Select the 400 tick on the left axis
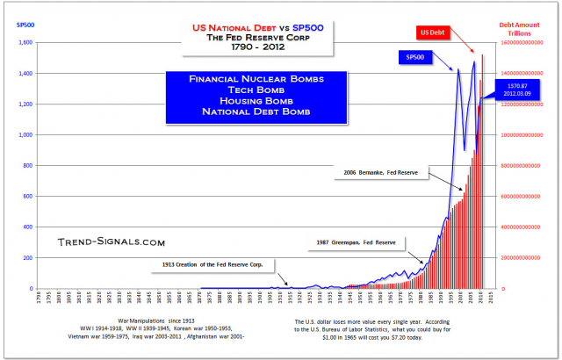tap(26, 227)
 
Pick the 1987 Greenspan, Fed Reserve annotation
tap(357, 241)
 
